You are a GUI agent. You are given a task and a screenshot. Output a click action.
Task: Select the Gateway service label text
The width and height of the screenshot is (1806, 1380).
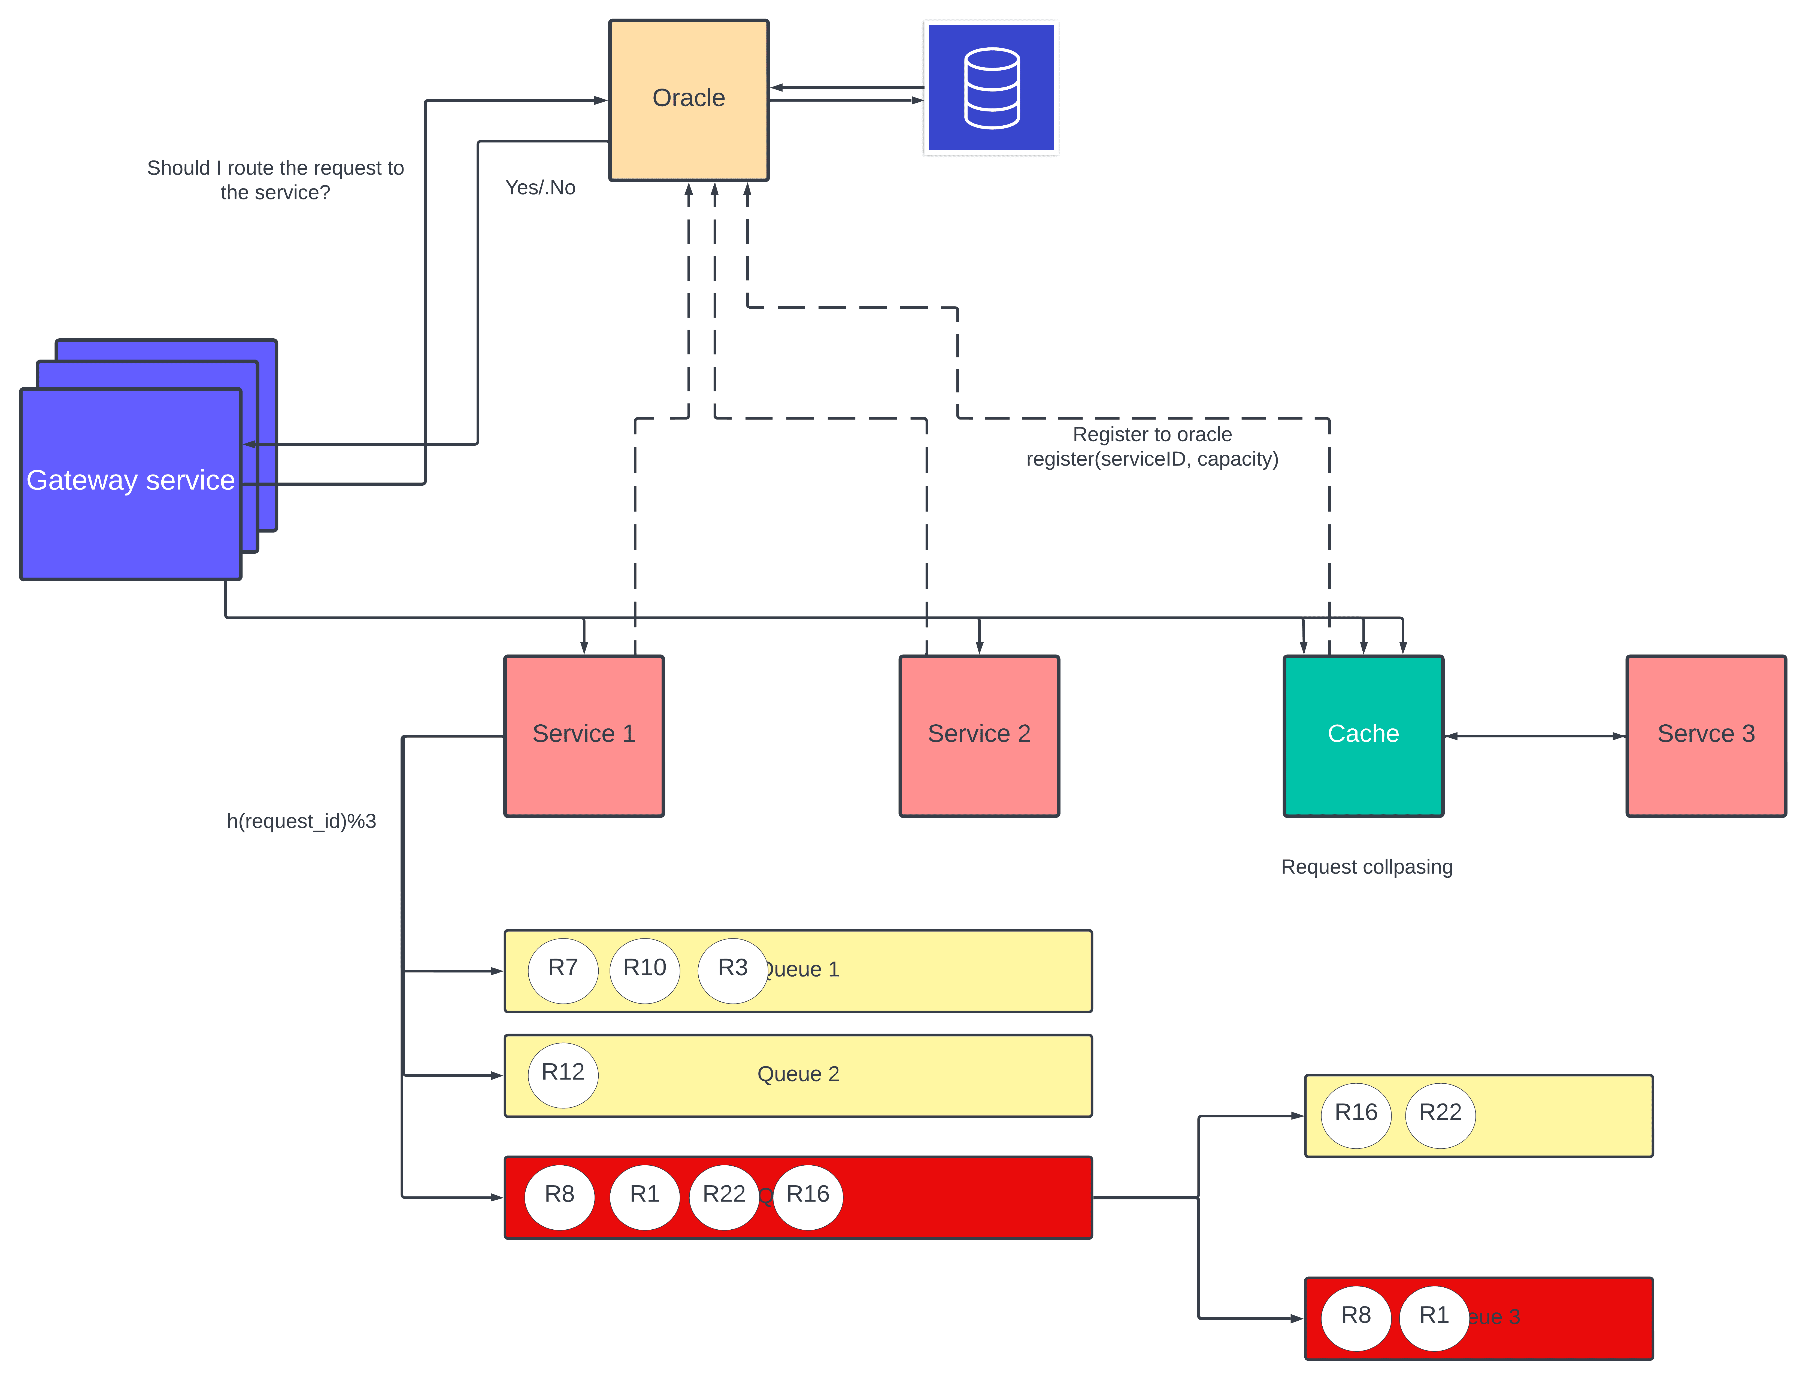131,480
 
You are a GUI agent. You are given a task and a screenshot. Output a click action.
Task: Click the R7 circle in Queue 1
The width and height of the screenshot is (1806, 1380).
563,969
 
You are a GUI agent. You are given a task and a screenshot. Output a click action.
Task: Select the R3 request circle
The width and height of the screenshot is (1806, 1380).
732,969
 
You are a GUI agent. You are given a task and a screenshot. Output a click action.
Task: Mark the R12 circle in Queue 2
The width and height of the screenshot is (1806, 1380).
563,1074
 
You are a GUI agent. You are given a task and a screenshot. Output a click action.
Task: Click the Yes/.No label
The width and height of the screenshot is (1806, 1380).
540,188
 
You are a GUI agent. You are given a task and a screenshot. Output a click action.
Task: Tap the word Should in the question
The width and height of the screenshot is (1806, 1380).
178,168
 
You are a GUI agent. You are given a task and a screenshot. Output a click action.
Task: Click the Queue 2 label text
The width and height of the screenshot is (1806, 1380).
798,1074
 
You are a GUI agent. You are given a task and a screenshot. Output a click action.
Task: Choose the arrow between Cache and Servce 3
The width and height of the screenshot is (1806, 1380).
1534,736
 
